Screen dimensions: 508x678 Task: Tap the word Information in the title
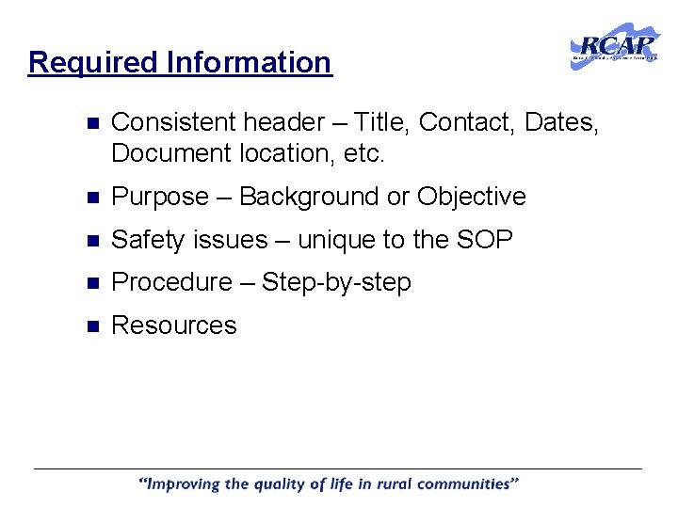249,63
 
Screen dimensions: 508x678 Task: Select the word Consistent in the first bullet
173,122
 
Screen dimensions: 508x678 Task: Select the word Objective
471,197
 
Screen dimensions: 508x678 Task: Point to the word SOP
485,240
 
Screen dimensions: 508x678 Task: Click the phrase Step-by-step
336,282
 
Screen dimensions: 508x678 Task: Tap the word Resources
174,325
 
